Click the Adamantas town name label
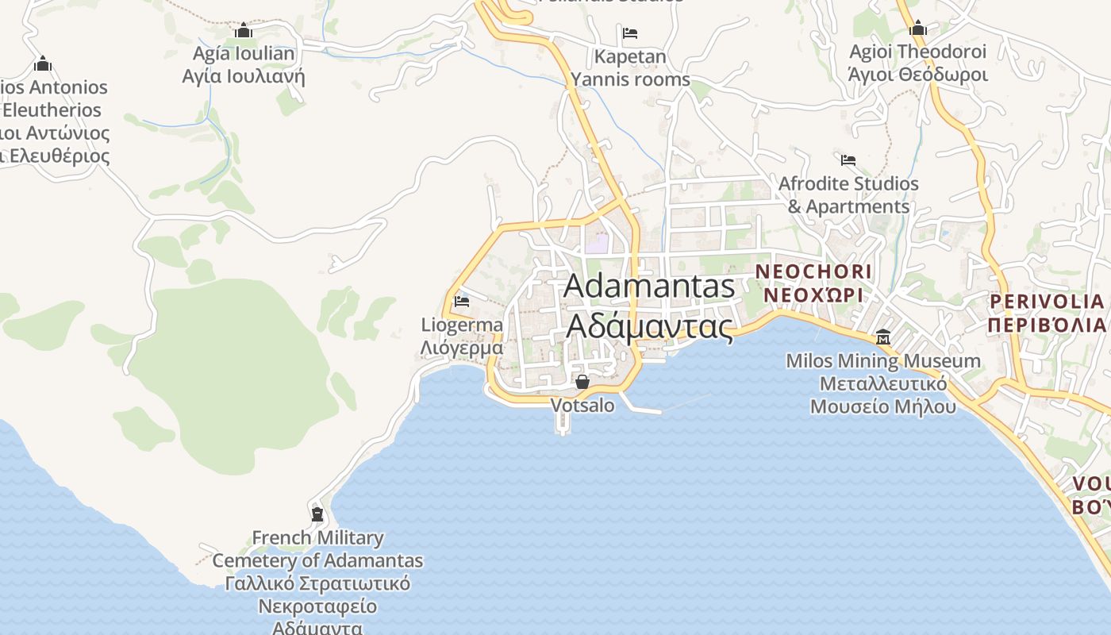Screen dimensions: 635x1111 [649, 287]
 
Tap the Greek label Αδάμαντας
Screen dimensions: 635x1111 [649, 325]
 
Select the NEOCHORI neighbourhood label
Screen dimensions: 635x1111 [813, 271]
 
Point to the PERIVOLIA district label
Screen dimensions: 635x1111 [1047, 302]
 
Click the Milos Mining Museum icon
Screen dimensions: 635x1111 [883, 337]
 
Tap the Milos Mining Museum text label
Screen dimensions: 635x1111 [883, 361]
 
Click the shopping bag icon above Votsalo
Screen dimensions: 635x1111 [582, 382]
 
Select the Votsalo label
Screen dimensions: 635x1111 [582, 406]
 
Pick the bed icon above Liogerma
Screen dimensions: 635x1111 [462, 302]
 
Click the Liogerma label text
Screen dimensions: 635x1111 [462, 325]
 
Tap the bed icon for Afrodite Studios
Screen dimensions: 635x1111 [848, 160]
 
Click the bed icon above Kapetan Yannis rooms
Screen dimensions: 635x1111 [630, 33]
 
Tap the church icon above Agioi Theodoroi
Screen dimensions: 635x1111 [918, 29]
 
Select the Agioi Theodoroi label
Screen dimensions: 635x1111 [918, 52]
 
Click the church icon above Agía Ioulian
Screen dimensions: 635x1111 [244, 30]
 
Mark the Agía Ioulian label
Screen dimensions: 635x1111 [244, 54]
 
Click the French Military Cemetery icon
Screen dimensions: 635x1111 [317, 514]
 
